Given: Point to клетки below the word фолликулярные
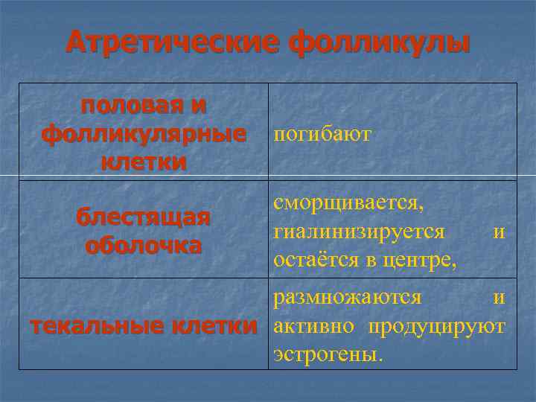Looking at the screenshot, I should point(144,162).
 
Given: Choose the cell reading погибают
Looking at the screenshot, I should point(322,135).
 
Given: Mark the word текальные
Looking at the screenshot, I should point(97,326).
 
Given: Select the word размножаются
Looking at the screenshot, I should point(348,298).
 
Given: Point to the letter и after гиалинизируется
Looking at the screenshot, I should point(499,232).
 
